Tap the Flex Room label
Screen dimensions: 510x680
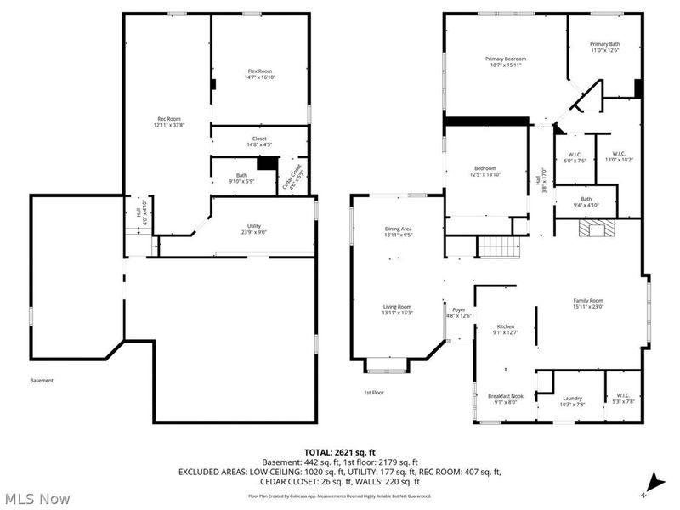tap(259, 71)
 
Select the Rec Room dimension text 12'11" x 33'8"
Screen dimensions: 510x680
tap(168, 125)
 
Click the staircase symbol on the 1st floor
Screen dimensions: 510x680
tap(499, 247)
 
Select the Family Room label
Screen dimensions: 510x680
tap(587, 300)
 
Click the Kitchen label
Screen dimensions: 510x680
tap(506, 326)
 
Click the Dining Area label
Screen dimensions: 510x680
tap(397, 229)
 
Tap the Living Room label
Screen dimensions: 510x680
tap(397, 307)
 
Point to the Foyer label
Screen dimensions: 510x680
tap(459, 310)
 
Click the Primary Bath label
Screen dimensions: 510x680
tap(604, 44)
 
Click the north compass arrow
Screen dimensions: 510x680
tap(652, 481)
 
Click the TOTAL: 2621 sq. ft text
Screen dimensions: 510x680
tap(339, 451)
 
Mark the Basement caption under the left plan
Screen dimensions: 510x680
tap(42, 380)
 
